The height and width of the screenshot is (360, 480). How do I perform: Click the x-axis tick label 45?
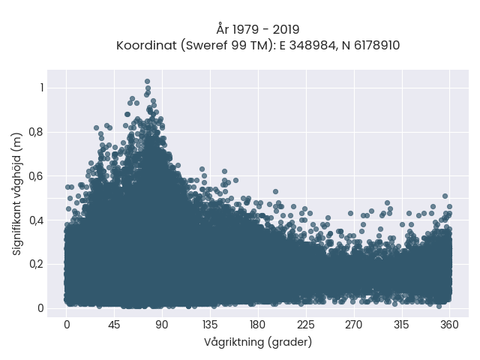pos(114,325)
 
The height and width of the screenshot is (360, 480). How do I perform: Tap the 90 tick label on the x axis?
pos(162,325)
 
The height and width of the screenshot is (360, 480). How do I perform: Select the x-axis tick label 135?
pos(210,325)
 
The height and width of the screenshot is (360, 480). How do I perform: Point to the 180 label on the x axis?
pos(257,325)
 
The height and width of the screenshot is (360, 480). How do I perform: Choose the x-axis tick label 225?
pos(305,325)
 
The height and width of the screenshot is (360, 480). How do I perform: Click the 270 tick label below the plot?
pos(353,325)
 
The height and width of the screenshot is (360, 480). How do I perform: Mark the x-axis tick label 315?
pos(401,325)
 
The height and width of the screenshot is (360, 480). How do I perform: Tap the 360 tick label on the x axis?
pos(449,325)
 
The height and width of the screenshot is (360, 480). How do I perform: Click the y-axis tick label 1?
pos(42,88)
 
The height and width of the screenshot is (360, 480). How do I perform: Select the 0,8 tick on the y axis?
pos(36,132)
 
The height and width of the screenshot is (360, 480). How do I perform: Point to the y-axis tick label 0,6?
pos(36,176)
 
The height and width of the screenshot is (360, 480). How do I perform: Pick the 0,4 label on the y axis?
pos(36,220)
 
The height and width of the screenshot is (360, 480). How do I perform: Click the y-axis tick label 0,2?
pos(36,264)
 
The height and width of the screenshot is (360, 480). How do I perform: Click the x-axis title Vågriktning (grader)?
pos(258,342)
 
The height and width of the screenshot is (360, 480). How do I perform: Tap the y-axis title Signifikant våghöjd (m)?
pos(17,194)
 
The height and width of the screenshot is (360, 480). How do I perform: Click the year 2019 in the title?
pos(286,30)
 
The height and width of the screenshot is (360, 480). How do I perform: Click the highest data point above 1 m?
pos(147,82)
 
